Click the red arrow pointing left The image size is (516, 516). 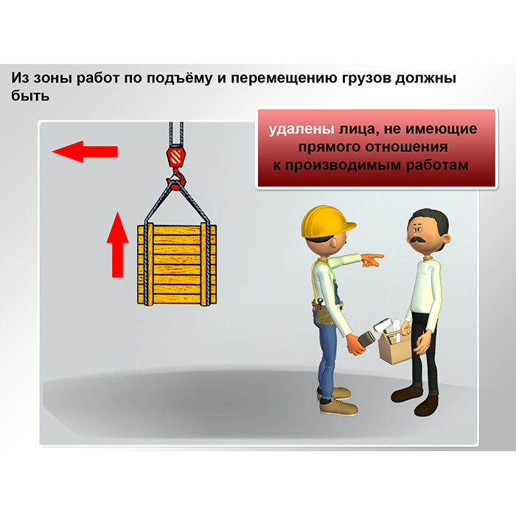85,152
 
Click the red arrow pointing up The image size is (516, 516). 117,245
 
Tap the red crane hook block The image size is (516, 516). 175,157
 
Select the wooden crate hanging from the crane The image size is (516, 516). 177,264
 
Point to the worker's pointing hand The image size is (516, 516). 372,259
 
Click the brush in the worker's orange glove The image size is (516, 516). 366,340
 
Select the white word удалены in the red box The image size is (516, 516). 301,129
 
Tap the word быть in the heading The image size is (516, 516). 30,96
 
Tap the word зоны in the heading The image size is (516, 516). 53,78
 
